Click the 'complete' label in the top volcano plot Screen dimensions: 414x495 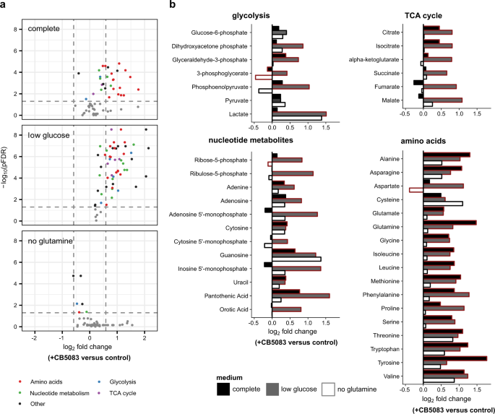click(45, 29)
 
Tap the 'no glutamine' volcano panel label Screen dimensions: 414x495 click(51, 248)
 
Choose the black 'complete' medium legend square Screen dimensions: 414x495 click(224, 388)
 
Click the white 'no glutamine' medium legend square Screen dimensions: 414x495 click(330, 388)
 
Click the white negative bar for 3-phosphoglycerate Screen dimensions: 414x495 click(263, 77)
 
